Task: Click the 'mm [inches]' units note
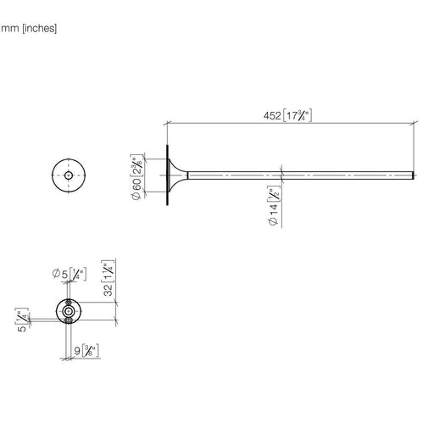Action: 29,29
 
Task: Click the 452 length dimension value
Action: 272,116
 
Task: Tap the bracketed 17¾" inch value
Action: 298,115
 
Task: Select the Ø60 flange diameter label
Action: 136,189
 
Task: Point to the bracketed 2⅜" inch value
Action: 136,165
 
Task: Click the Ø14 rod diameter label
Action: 274,214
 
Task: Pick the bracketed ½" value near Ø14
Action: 274,194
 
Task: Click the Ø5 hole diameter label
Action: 60,274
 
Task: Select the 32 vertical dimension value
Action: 108,290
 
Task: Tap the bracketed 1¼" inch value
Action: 108,271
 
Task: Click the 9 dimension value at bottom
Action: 77,351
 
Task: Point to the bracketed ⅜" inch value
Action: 91,351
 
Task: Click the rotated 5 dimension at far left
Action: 22,329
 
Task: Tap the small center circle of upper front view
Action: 69,175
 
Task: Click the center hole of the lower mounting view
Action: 69,311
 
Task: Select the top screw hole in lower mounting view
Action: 68,303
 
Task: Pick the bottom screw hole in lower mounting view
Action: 68,320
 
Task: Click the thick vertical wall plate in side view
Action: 168,175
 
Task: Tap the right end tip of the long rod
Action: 414,175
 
